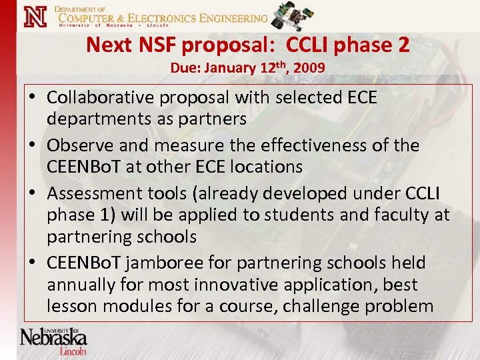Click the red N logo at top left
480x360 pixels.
35,17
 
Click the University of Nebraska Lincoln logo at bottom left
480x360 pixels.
53,341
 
